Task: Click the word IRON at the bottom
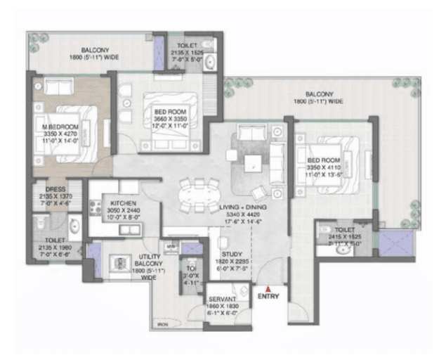coord(163,324)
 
